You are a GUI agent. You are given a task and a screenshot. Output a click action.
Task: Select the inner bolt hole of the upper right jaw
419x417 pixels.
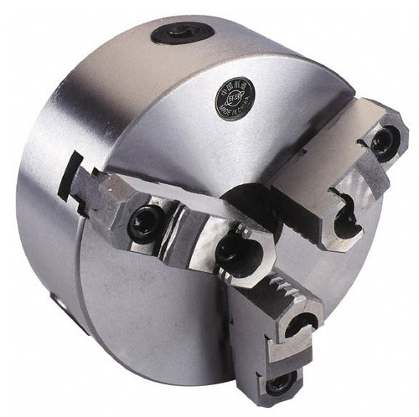coord(344,220)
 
